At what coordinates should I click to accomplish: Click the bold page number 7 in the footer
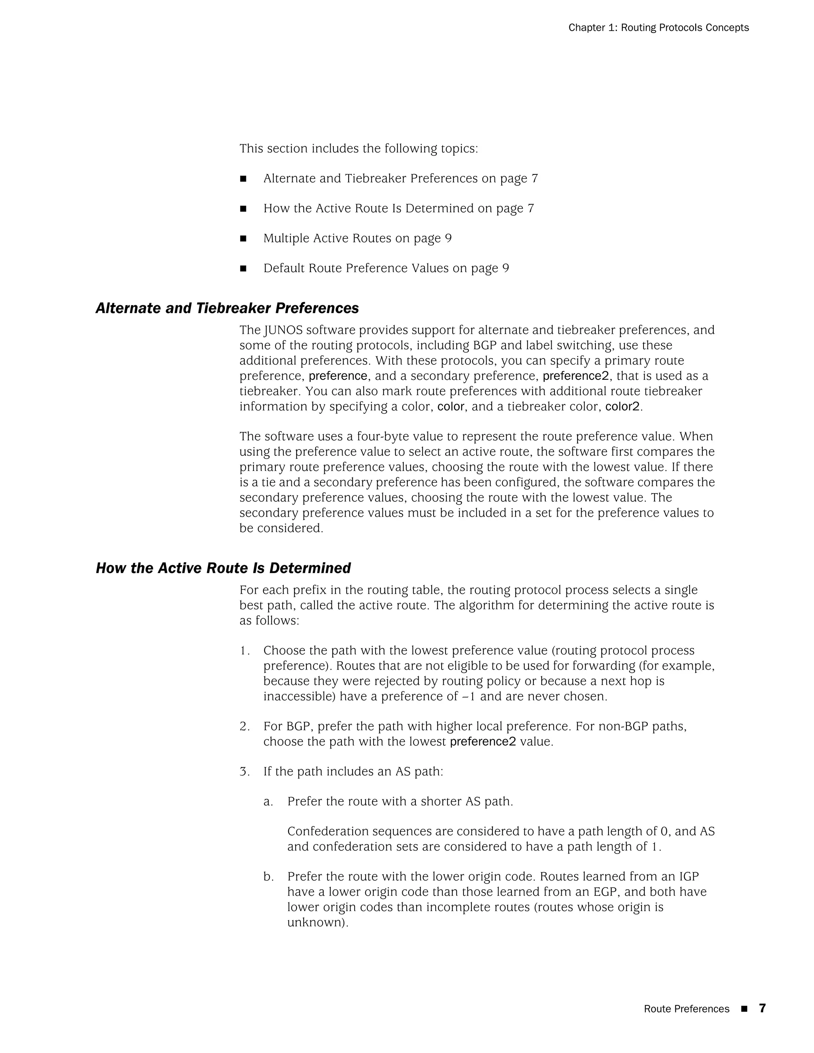click(x=762, y=1008)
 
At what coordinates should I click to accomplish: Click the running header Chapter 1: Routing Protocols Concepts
click(x=658, y=28)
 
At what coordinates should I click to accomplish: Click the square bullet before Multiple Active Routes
click(x=243, y=239)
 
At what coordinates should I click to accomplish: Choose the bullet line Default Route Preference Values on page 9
click(x=386, y=268)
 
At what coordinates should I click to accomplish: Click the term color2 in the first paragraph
click(x=622, y=406)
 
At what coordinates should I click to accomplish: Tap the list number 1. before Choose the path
click(x=244, y=651)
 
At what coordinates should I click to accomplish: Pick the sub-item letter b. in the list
click(x=269, y=877)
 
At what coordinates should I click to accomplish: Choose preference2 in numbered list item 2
click(x=483, y=741)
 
